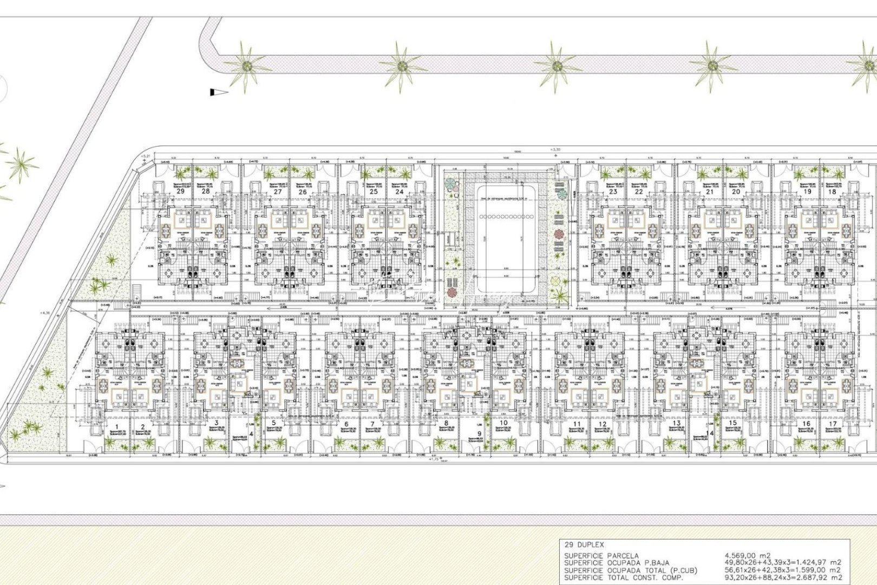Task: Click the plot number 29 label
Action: (x=181, y=191)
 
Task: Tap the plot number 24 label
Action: (x=400, y=191)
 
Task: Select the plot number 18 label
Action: (x=832, y=191)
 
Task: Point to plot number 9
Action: (x=479, y=433)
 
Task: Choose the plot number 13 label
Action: (x=676, y=424)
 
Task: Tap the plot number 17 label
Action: (x=833, y=424)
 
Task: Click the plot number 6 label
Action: (x=346, y=424)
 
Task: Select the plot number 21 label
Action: (x=710, y=191)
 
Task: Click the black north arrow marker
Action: (x=218, y=93)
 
